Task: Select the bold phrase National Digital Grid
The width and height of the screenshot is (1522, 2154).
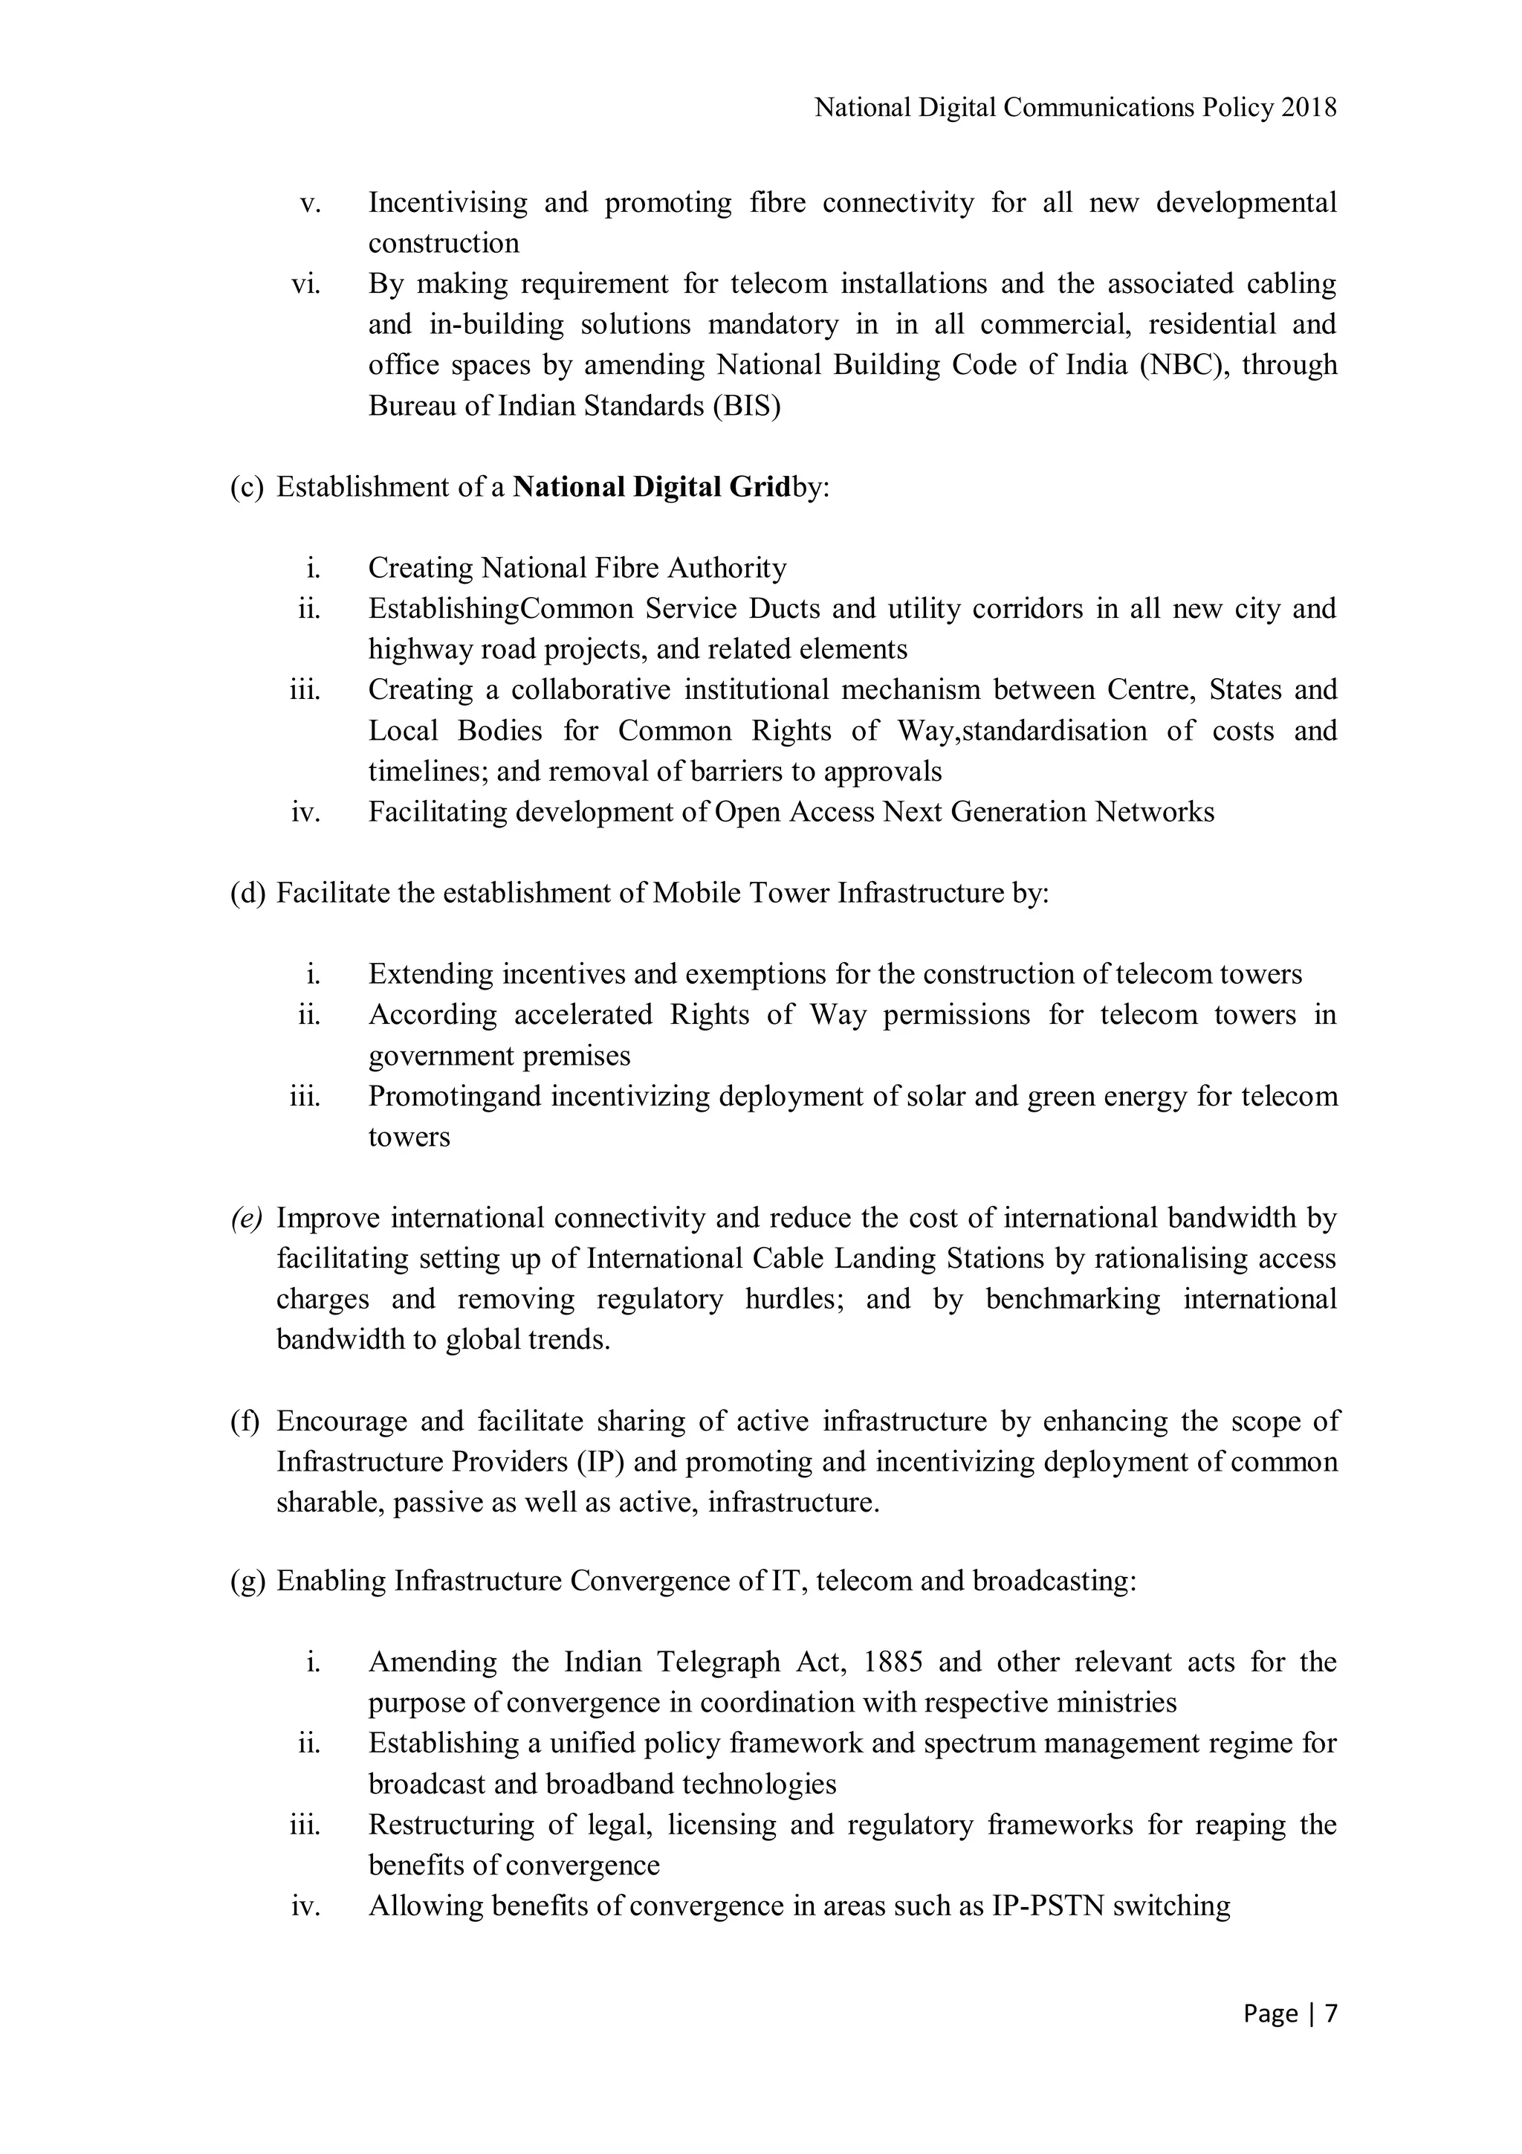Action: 652,487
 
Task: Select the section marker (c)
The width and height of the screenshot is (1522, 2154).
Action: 247,487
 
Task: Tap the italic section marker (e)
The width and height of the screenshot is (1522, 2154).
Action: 247,1218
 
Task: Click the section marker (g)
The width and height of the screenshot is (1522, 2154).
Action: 247,1581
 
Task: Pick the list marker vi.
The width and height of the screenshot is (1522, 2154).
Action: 305,283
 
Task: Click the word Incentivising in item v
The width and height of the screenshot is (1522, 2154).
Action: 447,203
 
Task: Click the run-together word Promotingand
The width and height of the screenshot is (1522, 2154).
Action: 455,1096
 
